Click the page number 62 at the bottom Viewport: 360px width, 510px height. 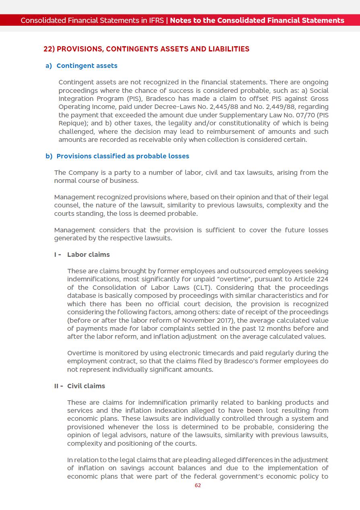pos(197,485)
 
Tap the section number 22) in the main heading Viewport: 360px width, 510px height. pos(49,49)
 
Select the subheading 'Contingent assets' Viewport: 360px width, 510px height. pos(87,66)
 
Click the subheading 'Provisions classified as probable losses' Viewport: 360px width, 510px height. pos(123,156)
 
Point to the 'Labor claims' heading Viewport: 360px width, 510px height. pos(88,254)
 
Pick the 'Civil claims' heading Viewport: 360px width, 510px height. pos(86,386)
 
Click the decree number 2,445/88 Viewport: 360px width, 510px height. pos(188,107)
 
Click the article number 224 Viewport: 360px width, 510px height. pos(322,279)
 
